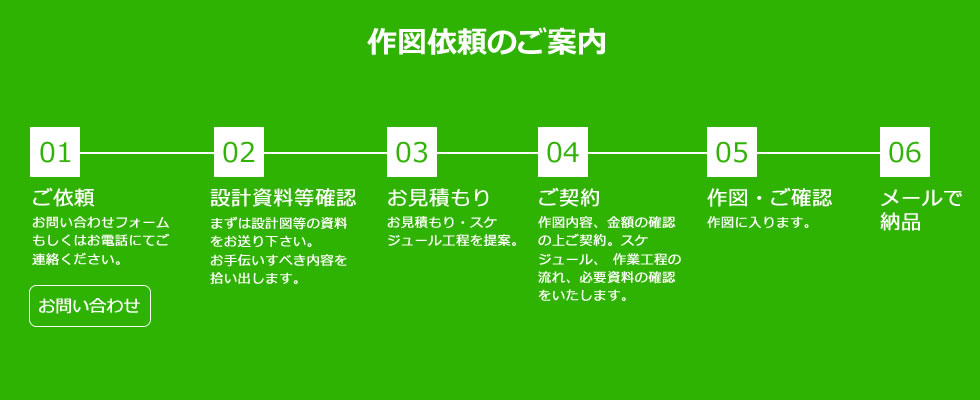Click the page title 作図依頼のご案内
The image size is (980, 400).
(x=486, y=42)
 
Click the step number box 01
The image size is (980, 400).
(x=55, y=152)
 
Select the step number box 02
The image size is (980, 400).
(x=239, y=152)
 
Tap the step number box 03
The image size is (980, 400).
(x=412, y=152)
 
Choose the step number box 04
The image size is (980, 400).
(x=563, y=152)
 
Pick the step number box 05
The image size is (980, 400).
(x=732, y=152)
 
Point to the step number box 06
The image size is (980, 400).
(x=905, y=152)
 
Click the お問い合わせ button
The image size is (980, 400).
(x=90, y=306)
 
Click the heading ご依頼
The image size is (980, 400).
(x=63, y=198)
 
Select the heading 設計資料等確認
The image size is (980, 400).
(x=283, y=198)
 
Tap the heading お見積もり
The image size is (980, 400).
(x=439, y=198)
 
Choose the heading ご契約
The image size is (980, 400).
(x=569, y=198)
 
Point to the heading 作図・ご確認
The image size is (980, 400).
(x=769, y=198)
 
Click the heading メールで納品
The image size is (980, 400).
(x=921, y=210)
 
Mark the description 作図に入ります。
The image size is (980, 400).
(x=759, y=222)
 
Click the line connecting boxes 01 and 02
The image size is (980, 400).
(x=147, y=152)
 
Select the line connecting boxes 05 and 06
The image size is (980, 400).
(x=818, y=152)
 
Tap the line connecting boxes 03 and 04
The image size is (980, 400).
(x=488, y=152)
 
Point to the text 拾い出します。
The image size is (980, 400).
(x=256, y=278)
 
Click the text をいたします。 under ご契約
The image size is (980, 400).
(x=583, y=295)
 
